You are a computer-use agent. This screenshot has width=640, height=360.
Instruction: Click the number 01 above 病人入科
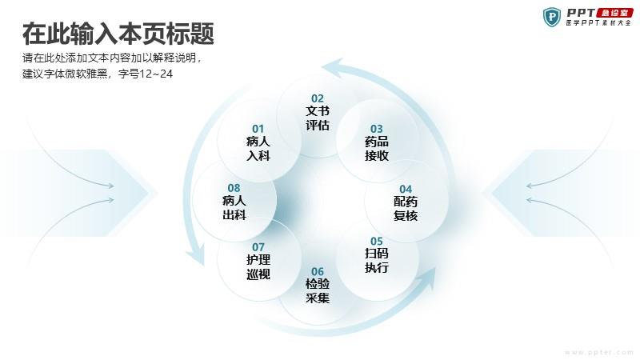click(258, 129)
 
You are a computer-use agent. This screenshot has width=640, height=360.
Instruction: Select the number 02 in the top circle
click(317, 98)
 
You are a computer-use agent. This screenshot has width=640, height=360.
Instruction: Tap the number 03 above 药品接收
click(376, 129)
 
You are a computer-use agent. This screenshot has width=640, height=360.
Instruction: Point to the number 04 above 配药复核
click(406, 189)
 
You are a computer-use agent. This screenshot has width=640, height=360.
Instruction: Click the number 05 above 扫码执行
click(376, 242)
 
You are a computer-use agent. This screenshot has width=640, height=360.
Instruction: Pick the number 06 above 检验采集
click(317, 271)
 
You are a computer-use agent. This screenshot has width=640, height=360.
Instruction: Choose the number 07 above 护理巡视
click(258, 247)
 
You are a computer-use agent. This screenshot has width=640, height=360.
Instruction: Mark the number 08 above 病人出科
click(234, 188)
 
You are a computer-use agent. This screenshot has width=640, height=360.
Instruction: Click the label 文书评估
click(317, 118)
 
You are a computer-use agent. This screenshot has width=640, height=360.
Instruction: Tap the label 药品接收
click(376, 149)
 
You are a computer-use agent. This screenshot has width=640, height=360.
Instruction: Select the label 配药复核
click(406, 209)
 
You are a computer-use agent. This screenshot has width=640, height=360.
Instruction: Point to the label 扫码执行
click(376, 261)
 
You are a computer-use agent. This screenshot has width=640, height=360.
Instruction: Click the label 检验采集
click(317, 291)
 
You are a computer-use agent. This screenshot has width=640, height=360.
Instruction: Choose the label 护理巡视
click(258, 266)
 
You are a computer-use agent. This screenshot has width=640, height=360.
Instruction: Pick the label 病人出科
click(234, 207)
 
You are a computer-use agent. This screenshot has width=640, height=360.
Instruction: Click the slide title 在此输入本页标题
click(118, 34)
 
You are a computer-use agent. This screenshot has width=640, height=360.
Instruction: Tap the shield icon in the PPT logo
click(552, 17)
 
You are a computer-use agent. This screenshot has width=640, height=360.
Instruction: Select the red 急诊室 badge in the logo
click(614, 13)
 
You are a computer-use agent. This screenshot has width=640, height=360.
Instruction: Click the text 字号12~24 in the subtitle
click(146, 74)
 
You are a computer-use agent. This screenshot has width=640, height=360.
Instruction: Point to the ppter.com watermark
click(599, 352)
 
